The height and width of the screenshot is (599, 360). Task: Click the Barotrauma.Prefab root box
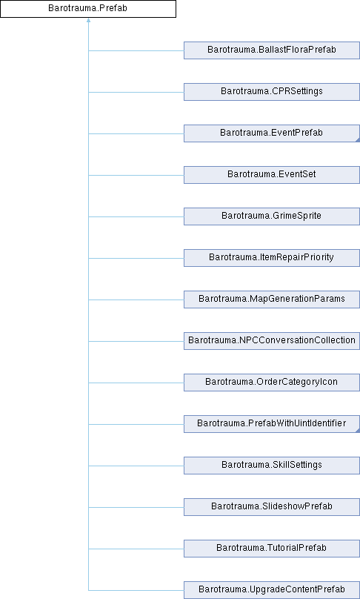tap(88, 8)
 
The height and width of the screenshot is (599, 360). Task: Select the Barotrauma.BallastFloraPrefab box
tap(272, 50)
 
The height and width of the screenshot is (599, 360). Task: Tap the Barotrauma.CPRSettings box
tap(272, 92)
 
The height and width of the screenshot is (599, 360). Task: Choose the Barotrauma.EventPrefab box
tap(272, 133)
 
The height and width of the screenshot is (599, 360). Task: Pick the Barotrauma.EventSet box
tap(272, 175)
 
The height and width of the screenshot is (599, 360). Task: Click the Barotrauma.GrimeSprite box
tap(272, 216)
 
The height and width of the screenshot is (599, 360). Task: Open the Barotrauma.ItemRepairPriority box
tap(272, 258)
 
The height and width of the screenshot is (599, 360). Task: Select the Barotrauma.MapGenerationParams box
tap(272, 299)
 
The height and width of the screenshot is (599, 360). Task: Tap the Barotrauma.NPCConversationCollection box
tap(272, 341)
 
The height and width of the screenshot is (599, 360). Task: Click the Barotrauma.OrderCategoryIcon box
tap(272, 383)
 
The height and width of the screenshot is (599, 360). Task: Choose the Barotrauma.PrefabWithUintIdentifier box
tap(272, 424)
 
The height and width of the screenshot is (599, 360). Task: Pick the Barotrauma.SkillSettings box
tap(272, 466)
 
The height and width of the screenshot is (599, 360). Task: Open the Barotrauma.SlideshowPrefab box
tap(272, 507)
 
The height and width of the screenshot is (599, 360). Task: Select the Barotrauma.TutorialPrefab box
tap(272, 549)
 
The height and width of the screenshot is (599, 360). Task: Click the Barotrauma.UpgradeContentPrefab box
tap(272, 590)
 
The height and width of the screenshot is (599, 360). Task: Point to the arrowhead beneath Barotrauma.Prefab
tap(88, 20)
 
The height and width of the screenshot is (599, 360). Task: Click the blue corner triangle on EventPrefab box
tap(358, 140)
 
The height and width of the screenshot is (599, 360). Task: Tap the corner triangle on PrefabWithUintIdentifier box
tap(358, 431)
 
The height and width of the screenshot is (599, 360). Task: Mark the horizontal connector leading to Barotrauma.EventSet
tap(136, 176)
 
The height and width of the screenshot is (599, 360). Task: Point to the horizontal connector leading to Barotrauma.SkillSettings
tap(136, 466)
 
